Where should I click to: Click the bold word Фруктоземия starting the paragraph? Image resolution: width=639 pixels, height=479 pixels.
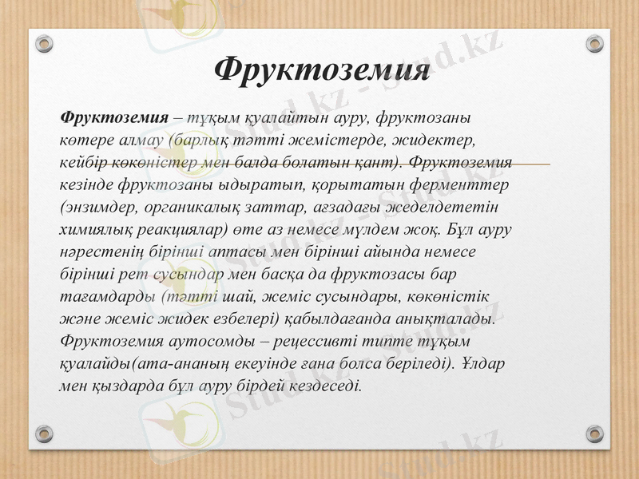tap(114, 118)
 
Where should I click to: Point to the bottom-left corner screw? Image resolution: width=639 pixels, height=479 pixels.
tap(46, 433)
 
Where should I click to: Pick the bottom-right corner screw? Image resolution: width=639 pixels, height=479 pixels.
tap(593, 433)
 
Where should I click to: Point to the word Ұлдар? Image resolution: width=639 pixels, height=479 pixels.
tap(486, 363)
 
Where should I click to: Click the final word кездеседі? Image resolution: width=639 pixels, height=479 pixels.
tap(323, 386)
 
